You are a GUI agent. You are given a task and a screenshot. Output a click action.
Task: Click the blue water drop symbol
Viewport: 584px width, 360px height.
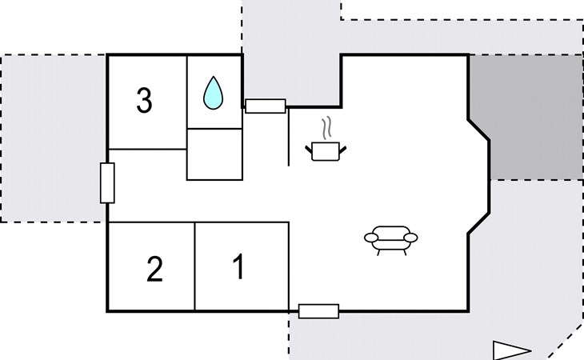click(x=213, y=93)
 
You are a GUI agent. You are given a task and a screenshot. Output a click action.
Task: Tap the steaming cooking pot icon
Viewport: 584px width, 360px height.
click(x=326, y=150)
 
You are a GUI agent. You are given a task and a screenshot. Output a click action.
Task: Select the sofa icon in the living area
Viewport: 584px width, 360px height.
click(x=391, y=238)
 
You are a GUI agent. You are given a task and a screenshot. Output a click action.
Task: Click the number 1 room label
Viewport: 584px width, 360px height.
click(x=238, y=267)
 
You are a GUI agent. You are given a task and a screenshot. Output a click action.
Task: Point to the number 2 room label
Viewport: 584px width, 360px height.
click(x=155, y=270)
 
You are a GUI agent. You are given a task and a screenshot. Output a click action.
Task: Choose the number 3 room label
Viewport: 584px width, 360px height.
click(x=144, y=102)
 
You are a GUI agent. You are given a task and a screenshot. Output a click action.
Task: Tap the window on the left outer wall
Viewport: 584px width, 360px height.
click(x=107, y=182)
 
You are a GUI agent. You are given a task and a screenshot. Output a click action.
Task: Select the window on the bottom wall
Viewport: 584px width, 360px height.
click(x=318, y=311)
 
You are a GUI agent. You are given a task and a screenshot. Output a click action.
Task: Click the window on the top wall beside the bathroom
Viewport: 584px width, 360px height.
click(x=265, y=106)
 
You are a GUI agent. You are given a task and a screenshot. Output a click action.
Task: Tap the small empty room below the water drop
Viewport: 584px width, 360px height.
click(x=214, y=154)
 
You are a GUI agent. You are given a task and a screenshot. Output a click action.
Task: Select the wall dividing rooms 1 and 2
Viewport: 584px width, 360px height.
click(x=195, y=266)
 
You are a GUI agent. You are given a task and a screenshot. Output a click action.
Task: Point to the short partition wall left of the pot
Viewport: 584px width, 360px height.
click(x=288, y=136)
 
